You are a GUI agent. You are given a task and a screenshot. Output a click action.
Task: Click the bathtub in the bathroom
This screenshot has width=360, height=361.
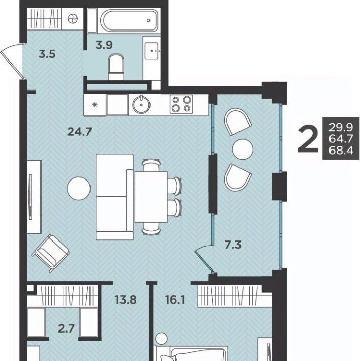[129, 20]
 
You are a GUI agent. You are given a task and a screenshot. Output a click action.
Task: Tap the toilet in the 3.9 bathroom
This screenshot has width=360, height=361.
[116, 67]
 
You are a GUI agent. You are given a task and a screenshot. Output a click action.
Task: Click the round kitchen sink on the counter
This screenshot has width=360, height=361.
[141, 105]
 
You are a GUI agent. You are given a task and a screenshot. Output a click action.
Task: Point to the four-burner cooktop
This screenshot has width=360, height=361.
[182, 104]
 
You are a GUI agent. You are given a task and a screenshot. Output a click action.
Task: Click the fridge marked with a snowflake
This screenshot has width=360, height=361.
[95, 105]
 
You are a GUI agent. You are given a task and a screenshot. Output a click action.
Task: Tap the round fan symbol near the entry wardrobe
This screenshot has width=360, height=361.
[73, 19]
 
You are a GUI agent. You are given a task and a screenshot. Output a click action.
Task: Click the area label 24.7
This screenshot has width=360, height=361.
[80, 132]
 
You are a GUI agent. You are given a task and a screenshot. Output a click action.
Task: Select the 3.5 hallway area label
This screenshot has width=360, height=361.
[47, 54]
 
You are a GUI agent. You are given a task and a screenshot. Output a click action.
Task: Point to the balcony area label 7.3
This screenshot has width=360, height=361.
[233, 245]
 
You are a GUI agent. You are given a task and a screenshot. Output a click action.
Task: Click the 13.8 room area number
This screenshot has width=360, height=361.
[126, 300]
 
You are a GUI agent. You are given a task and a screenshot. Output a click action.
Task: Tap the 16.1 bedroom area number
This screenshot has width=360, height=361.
[175, 300]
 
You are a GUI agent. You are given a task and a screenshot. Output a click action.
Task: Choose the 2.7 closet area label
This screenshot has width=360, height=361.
[66, 328]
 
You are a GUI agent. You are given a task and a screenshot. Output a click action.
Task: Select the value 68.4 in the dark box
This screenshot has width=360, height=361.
[341, 151]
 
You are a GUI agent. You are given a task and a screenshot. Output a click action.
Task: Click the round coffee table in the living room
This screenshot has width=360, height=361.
[79, 189]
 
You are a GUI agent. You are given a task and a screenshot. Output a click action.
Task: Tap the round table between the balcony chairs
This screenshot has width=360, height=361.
[243, 149]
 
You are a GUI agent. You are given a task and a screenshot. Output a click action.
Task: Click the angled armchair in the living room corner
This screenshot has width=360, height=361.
[51, 253]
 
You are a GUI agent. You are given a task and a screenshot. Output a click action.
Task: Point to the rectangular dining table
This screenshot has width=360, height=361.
[151, 197]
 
